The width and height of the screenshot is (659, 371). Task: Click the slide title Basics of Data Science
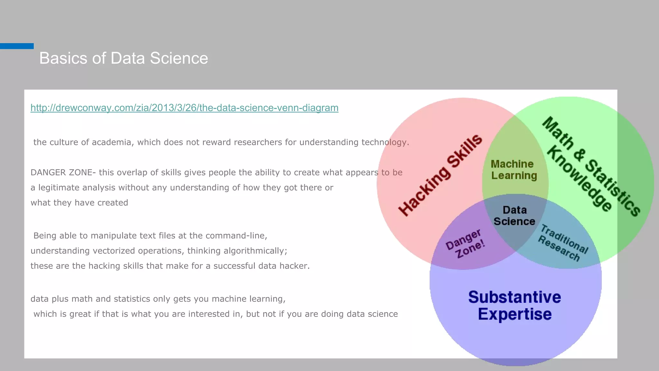click(124, 58)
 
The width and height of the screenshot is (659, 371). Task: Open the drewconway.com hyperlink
click(184, 108)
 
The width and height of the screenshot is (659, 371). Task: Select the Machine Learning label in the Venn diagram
click(514, 170)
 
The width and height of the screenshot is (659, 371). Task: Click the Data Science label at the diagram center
click(514, 216)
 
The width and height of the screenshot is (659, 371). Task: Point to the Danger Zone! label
click(465, 244)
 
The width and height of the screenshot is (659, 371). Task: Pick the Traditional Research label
click(563, 243)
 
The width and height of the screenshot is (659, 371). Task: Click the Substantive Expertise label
click(515, 305)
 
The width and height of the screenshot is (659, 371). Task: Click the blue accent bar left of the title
click(17, 46)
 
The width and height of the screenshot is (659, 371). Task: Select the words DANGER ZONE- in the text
click(63, 173)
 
